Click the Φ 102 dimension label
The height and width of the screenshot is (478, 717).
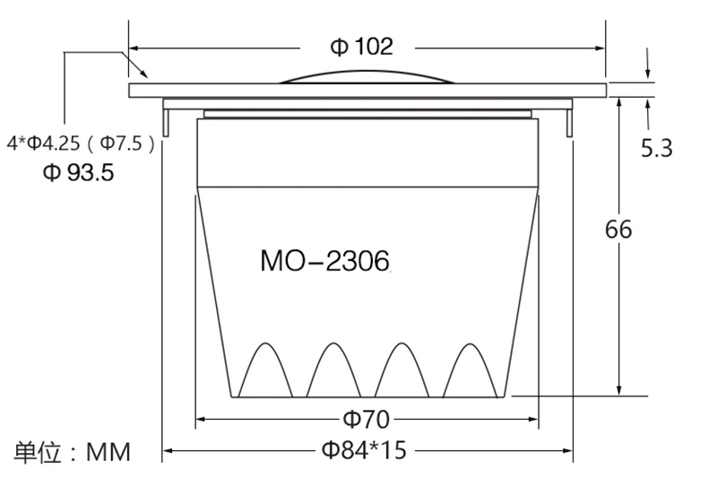click(x=361, y=47)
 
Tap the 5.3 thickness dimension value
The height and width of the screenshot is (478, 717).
click(x=657, y=148)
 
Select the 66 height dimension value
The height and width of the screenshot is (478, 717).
click(x=618, y=230)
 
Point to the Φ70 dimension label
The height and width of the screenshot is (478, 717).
click(x=367, y=419)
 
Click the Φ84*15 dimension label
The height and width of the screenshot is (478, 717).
click(x=364, y=450)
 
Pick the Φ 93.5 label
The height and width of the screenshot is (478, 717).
click(x=78, y=172)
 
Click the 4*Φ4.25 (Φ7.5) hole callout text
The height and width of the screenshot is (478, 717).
click(x=81, y=143)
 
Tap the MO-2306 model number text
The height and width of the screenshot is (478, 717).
click(x=325, y=261)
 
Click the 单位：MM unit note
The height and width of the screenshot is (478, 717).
click(x=72, y=452)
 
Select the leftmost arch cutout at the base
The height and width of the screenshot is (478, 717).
click(x=265, y=343)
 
